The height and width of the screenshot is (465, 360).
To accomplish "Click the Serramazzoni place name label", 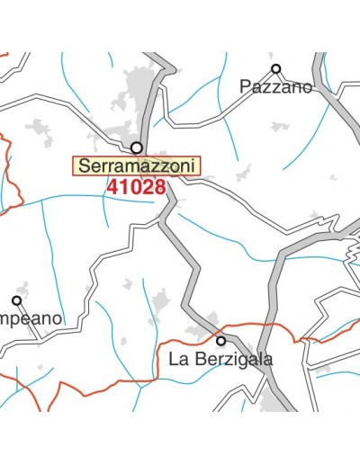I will coord(136,166).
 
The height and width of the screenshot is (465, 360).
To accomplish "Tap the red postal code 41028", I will coord(136,188).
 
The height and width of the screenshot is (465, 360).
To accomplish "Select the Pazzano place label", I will coord(275,87).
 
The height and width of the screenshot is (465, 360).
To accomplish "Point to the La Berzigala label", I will coord(220,360).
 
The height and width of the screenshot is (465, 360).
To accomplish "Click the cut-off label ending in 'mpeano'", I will coord(31,318).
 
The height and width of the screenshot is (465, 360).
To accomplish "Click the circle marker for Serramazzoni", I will coord(137,148).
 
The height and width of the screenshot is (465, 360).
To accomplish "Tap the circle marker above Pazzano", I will coord(276,68).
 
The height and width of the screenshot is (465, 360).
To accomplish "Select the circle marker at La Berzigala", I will coord(220,341).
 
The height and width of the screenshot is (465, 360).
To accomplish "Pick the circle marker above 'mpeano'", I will coord(16,300).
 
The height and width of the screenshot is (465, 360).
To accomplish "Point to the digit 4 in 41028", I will coord(112,188).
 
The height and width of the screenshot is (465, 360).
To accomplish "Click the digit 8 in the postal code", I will coord(160,188).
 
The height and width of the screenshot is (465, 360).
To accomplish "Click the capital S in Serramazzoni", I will coord(84,166).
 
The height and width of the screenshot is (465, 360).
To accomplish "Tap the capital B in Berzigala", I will coord(198,360).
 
